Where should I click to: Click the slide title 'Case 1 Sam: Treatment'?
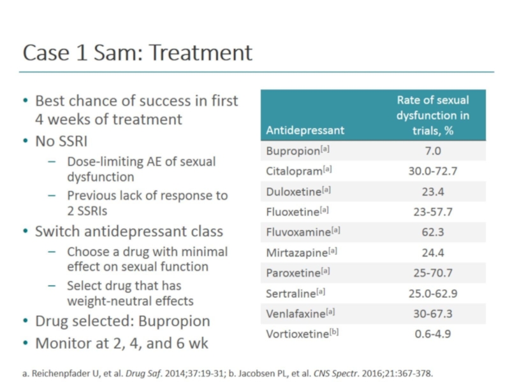click(x=138, y=52)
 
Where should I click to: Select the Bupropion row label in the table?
click(x=297, y=151)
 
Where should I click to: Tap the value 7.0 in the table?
click(x=432, y=151)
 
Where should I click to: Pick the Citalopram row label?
click(x=297, y=171)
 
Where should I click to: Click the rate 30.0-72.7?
click(x=432, y=171)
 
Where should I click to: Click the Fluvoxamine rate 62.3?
click(x=432, y=232)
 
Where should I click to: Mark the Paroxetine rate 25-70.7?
click(x=432, y=273)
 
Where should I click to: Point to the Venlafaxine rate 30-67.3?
click(x=432, y=314)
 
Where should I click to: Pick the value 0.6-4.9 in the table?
click(x=432, y=334)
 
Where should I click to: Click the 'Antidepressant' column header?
click(x=305, y=130)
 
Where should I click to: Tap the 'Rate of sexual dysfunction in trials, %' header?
click(x=432, y=115)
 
